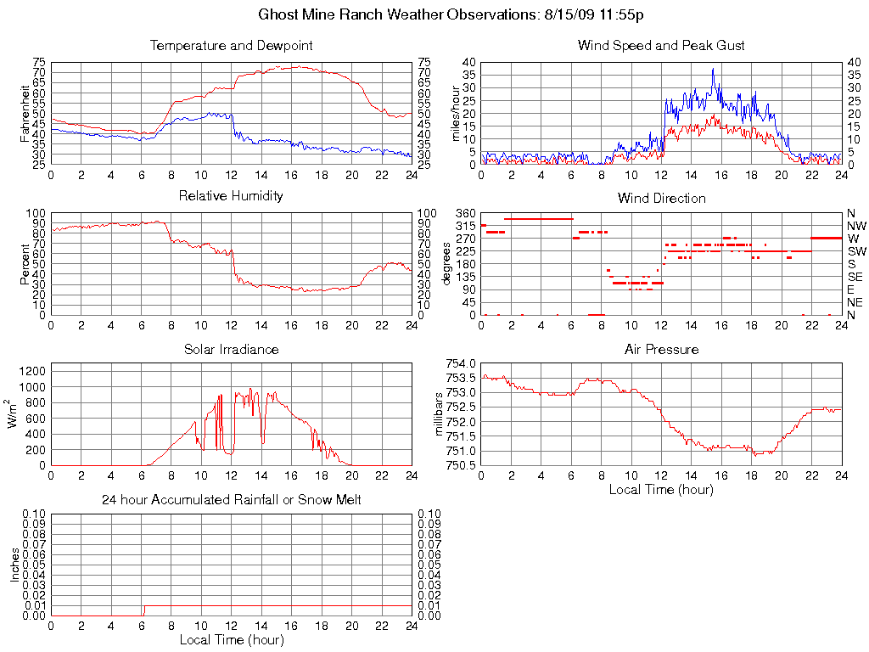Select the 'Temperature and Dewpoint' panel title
[231, 45]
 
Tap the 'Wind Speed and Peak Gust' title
[661, 45]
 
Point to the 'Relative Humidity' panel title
[231, 196]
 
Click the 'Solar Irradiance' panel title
[231, 349]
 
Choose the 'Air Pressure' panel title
[661, 349]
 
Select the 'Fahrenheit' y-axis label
[26, 114]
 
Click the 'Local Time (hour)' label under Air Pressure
[661, 489]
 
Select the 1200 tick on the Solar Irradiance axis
[32, 371]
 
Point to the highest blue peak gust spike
[713, 70]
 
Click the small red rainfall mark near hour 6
[143, 610]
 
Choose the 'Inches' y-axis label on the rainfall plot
[14, 565]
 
